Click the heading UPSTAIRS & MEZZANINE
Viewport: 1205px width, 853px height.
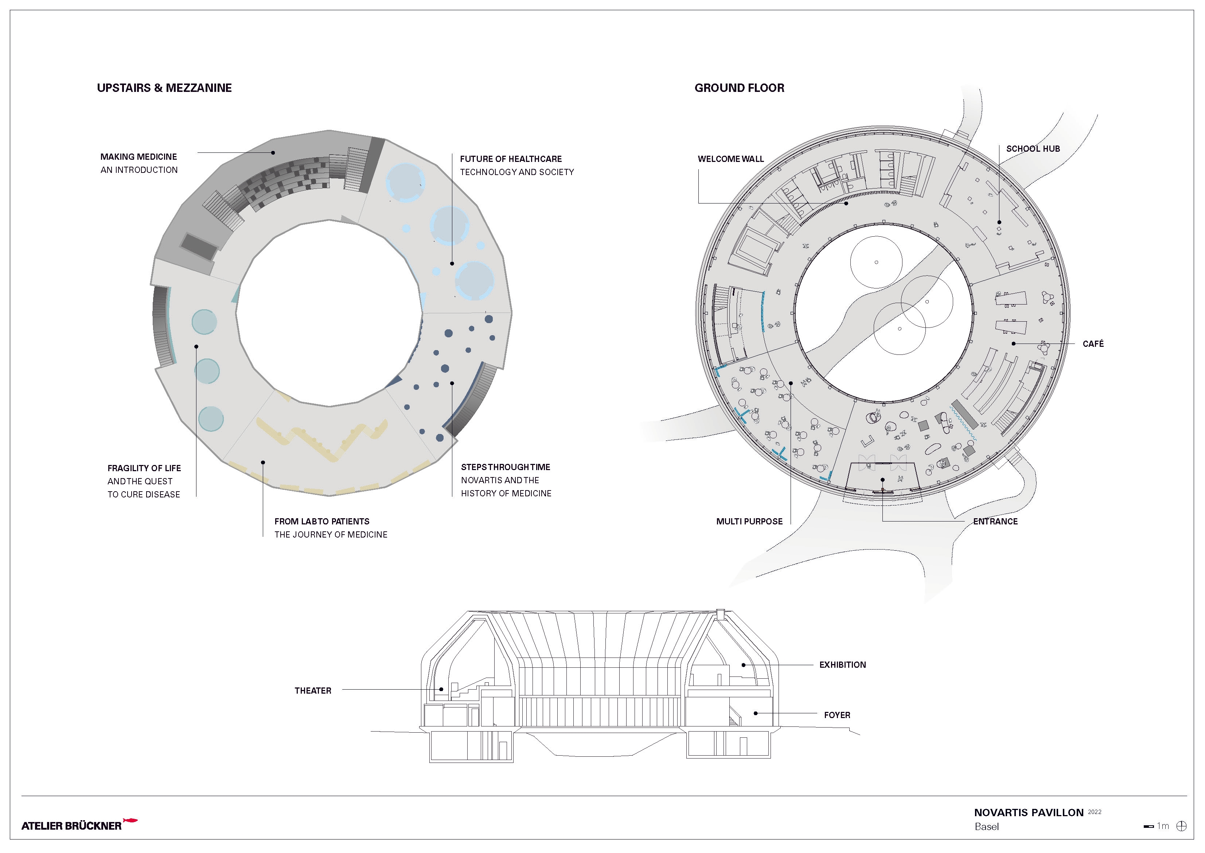pos(164,88)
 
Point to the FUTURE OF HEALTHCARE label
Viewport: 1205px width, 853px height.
pos(511,159)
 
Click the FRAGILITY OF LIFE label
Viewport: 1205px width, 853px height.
pos(144,468)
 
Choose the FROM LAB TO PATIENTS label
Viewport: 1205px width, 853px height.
pos(322,522)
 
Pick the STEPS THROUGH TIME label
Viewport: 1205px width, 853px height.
pos(506,467)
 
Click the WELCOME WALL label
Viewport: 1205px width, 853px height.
pos(730,159)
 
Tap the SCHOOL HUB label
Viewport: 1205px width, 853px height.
pos(1033,149)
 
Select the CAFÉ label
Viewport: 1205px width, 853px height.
pos(1093,344)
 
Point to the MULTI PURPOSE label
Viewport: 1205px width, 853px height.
pos(749,522)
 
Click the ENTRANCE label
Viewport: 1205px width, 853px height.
pos(995,522)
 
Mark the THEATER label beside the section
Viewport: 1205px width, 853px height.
pos(313,691)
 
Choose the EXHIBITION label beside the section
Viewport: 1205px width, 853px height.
pos(842,665)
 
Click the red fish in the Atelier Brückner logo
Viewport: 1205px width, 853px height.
pos(130,820)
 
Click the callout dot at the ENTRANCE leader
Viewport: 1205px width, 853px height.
pos(883,480)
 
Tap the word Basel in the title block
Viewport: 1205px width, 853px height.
pos(987,827)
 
